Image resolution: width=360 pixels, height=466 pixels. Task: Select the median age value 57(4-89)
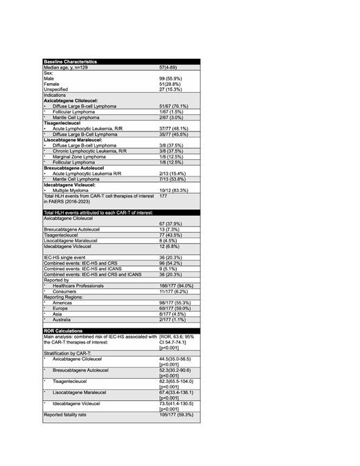tap(170, 67)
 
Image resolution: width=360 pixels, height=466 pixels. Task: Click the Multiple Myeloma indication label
tap(75, 190)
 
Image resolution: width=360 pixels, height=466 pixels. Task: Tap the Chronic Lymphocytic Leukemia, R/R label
tap(90, 151)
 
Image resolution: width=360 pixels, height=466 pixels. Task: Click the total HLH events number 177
tap(164, 196)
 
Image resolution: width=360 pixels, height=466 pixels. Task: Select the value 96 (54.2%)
tap(172, 264)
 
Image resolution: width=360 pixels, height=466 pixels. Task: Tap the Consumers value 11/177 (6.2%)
tap(174, 292)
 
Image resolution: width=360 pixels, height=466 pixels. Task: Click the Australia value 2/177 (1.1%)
tap(172, 319)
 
